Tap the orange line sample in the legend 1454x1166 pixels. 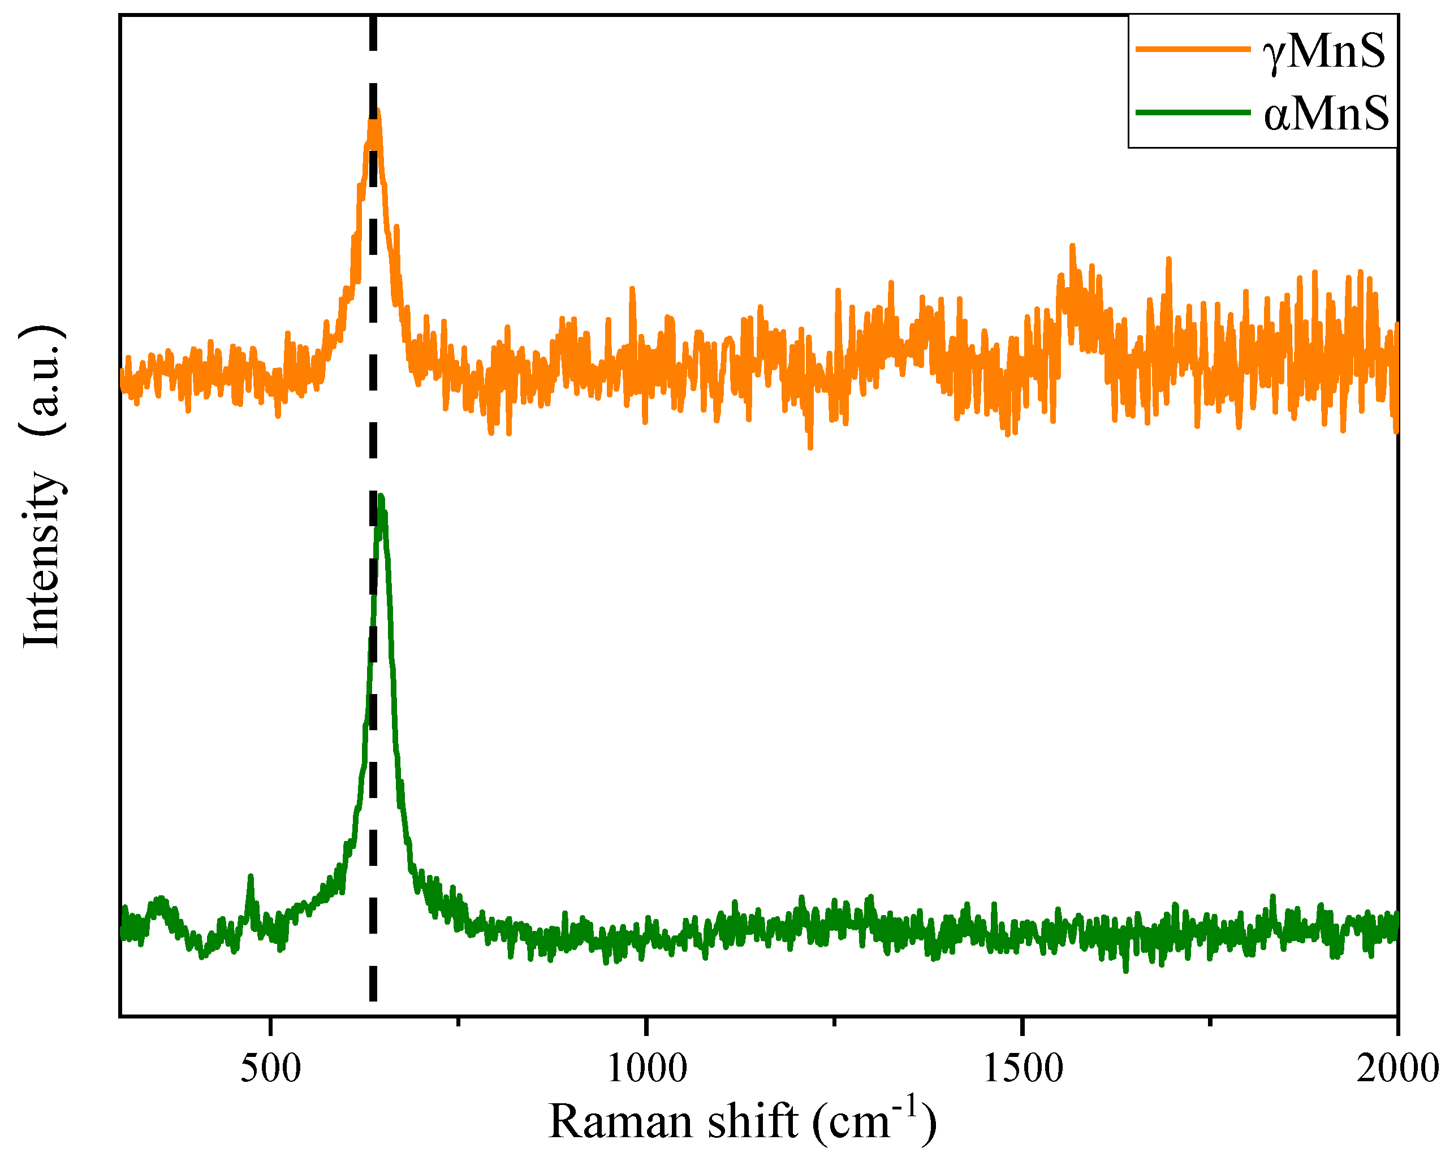point(1192,49)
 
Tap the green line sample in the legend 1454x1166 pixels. point(1192,112)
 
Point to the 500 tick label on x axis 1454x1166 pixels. point(270,1068)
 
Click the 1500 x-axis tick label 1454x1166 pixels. point(1022,1068)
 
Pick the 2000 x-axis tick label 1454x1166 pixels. point(1397,1068)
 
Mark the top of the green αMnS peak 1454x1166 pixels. point(382,497)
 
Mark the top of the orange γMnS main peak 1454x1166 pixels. point(378,112)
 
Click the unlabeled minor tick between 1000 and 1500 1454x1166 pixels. point(835,1022)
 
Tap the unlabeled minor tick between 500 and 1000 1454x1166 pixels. point(459,1022)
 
